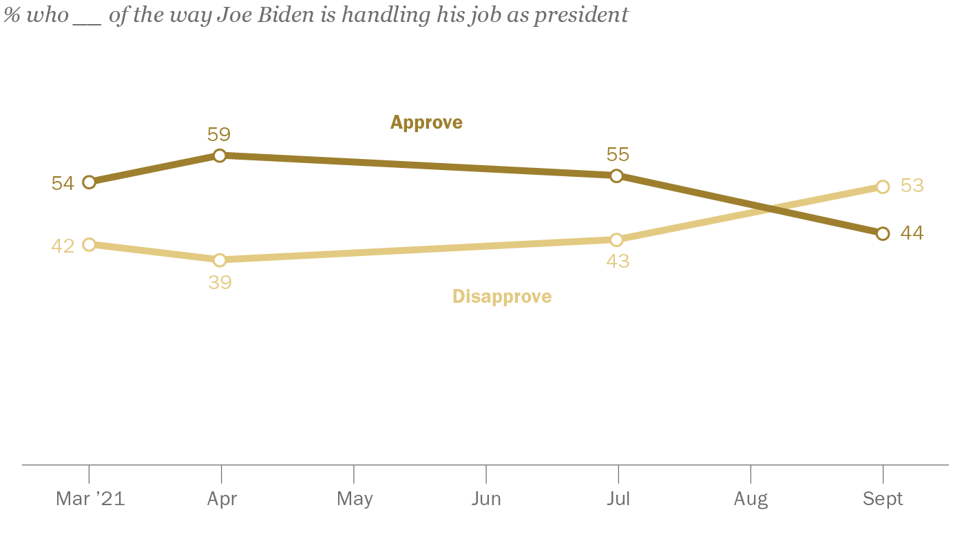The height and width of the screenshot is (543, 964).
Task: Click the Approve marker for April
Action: (220, 156)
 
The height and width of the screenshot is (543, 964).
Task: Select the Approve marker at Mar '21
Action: (88, 182)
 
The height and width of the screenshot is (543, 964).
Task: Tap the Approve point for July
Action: (616, 175)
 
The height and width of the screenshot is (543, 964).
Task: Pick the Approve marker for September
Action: (883, 233)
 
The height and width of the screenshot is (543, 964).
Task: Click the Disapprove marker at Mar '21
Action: (88, 244)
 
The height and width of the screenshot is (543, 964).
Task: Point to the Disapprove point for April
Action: (220, 259)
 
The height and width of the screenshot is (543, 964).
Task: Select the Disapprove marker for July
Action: (616, 239)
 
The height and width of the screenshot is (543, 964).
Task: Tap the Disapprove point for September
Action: (883, 187)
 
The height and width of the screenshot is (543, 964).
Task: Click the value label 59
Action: (219, 134)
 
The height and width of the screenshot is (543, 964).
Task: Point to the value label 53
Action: (912, 186)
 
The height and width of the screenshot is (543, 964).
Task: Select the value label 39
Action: (220, 281)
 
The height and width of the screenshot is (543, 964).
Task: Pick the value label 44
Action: (912, 233)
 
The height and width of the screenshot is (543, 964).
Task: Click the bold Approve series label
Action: (426, 123)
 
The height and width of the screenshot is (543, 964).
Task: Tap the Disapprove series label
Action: (502, 297)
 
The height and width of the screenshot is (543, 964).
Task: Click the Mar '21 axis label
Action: (90, 499)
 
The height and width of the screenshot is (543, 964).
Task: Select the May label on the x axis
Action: (355, 499)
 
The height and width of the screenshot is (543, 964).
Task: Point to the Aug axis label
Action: (751, 499)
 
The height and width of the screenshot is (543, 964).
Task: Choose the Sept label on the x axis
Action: (883, 499)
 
